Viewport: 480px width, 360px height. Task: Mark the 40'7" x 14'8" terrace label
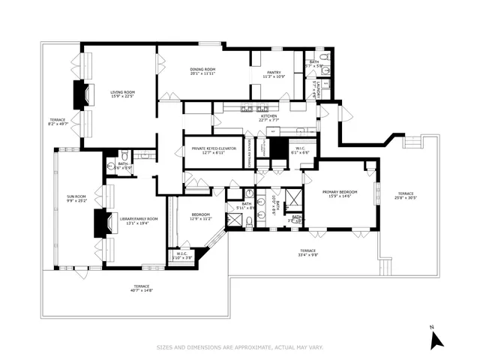141,288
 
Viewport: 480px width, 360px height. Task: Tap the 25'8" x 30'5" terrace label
406,196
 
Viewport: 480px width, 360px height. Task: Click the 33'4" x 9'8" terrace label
307,253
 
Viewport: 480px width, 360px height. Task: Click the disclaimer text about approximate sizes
239,347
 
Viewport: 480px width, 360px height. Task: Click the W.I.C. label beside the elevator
299,150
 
